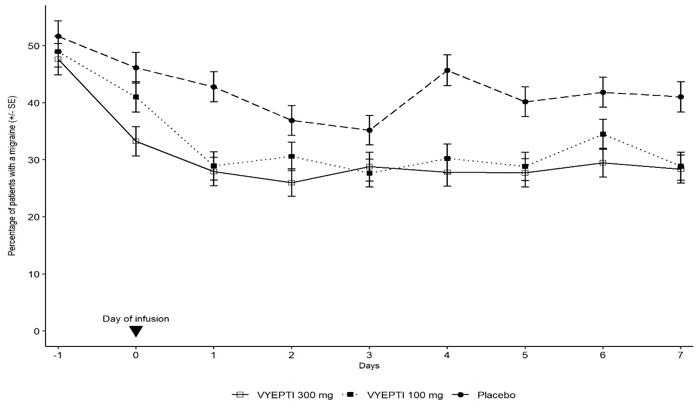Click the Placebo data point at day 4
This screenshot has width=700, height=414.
pos(447,70)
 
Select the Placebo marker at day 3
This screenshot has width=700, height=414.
pos(369,130)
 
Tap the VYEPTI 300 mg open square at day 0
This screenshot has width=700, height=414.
pos(136,141)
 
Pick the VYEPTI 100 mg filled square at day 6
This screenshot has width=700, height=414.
pos(603,134)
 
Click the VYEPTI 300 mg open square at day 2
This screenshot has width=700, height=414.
pos(291,183)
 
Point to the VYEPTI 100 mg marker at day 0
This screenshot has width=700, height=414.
pos(136,97)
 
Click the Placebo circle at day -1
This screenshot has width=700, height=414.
pos(58,36)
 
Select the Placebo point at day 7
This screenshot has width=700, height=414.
pos(680,97)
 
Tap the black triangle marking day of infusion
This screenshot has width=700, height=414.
pos(136,331)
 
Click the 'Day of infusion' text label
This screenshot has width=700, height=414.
pos(136,319)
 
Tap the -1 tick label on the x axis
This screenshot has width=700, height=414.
pos(58,355)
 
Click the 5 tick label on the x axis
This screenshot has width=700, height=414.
pos(525,355)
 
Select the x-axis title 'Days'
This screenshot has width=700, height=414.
pos(369,366)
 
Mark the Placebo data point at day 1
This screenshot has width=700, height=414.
pos(213,87)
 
